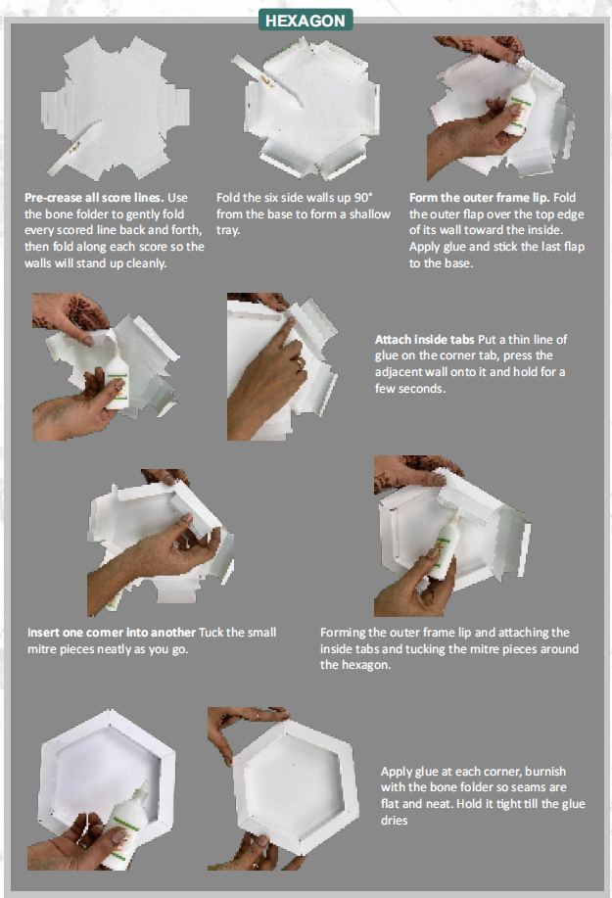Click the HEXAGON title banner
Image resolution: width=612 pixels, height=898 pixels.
[x=306, y=21]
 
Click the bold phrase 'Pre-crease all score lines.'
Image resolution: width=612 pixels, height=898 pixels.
[x=94, y=198]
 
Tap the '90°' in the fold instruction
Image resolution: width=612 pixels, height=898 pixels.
[x=363, y=198]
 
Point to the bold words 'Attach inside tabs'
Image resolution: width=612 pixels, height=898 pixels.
[x=424, y=340]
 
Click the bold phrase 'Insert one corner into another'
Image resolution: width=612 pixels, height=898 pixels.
[x=112, y=633]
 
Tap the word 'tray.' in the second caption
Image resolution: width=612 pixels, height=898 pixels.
[x=228, y=230]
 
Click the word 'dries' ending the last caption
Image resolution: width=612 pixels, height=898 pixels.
[x=395, y=821]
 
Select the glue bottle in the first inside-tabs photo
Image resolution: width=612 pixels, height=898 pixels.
[x=117, y=378]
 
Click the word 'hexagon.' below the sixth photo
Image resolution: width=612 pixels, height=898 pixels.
[x=355, y=666]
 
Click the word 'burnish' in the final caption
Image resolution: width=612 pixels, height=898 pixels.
[x=545, y=772]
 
